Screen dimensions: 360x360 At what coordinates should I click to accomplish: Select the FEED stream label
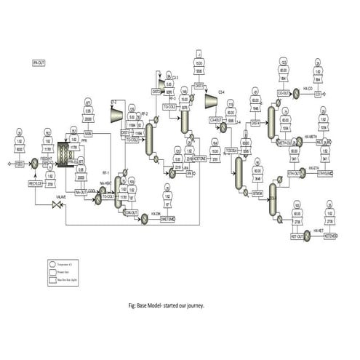[20, 164]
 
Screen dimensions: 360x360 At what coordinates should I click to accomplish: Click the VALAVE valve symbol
[56, 208]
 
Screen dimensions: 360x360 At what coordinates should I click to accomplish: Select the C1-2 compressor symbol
[115, 113]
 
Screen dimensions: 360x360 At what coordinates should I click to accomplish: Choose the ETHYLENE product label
[325, 173]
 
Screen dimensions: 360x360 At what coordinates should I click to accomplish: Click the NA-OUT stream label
[81, 192]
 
